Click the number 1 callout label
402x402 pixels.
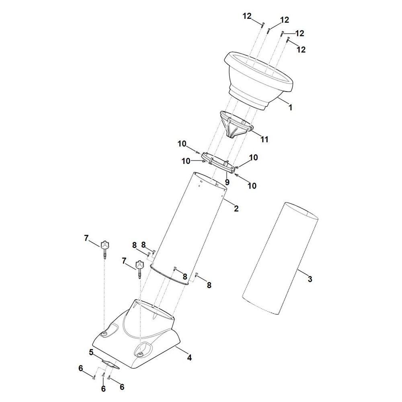point(290,107)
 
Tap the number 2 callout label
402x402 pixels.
point(236,208)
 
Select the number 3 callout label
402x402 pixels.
point(310,279)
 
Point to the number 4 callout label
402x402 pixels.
point(189,357)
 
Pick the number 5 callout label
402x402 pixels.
point(91,352)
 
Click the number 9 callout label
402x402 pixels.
point(227,182)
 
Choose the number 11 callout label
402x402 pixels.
point(264,139)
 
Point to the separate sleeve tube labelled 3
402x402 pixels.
point(281,257)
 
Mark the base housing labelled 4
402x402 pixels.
point(133,342)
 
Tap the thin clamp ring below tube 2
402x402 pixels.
point(169,275)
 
